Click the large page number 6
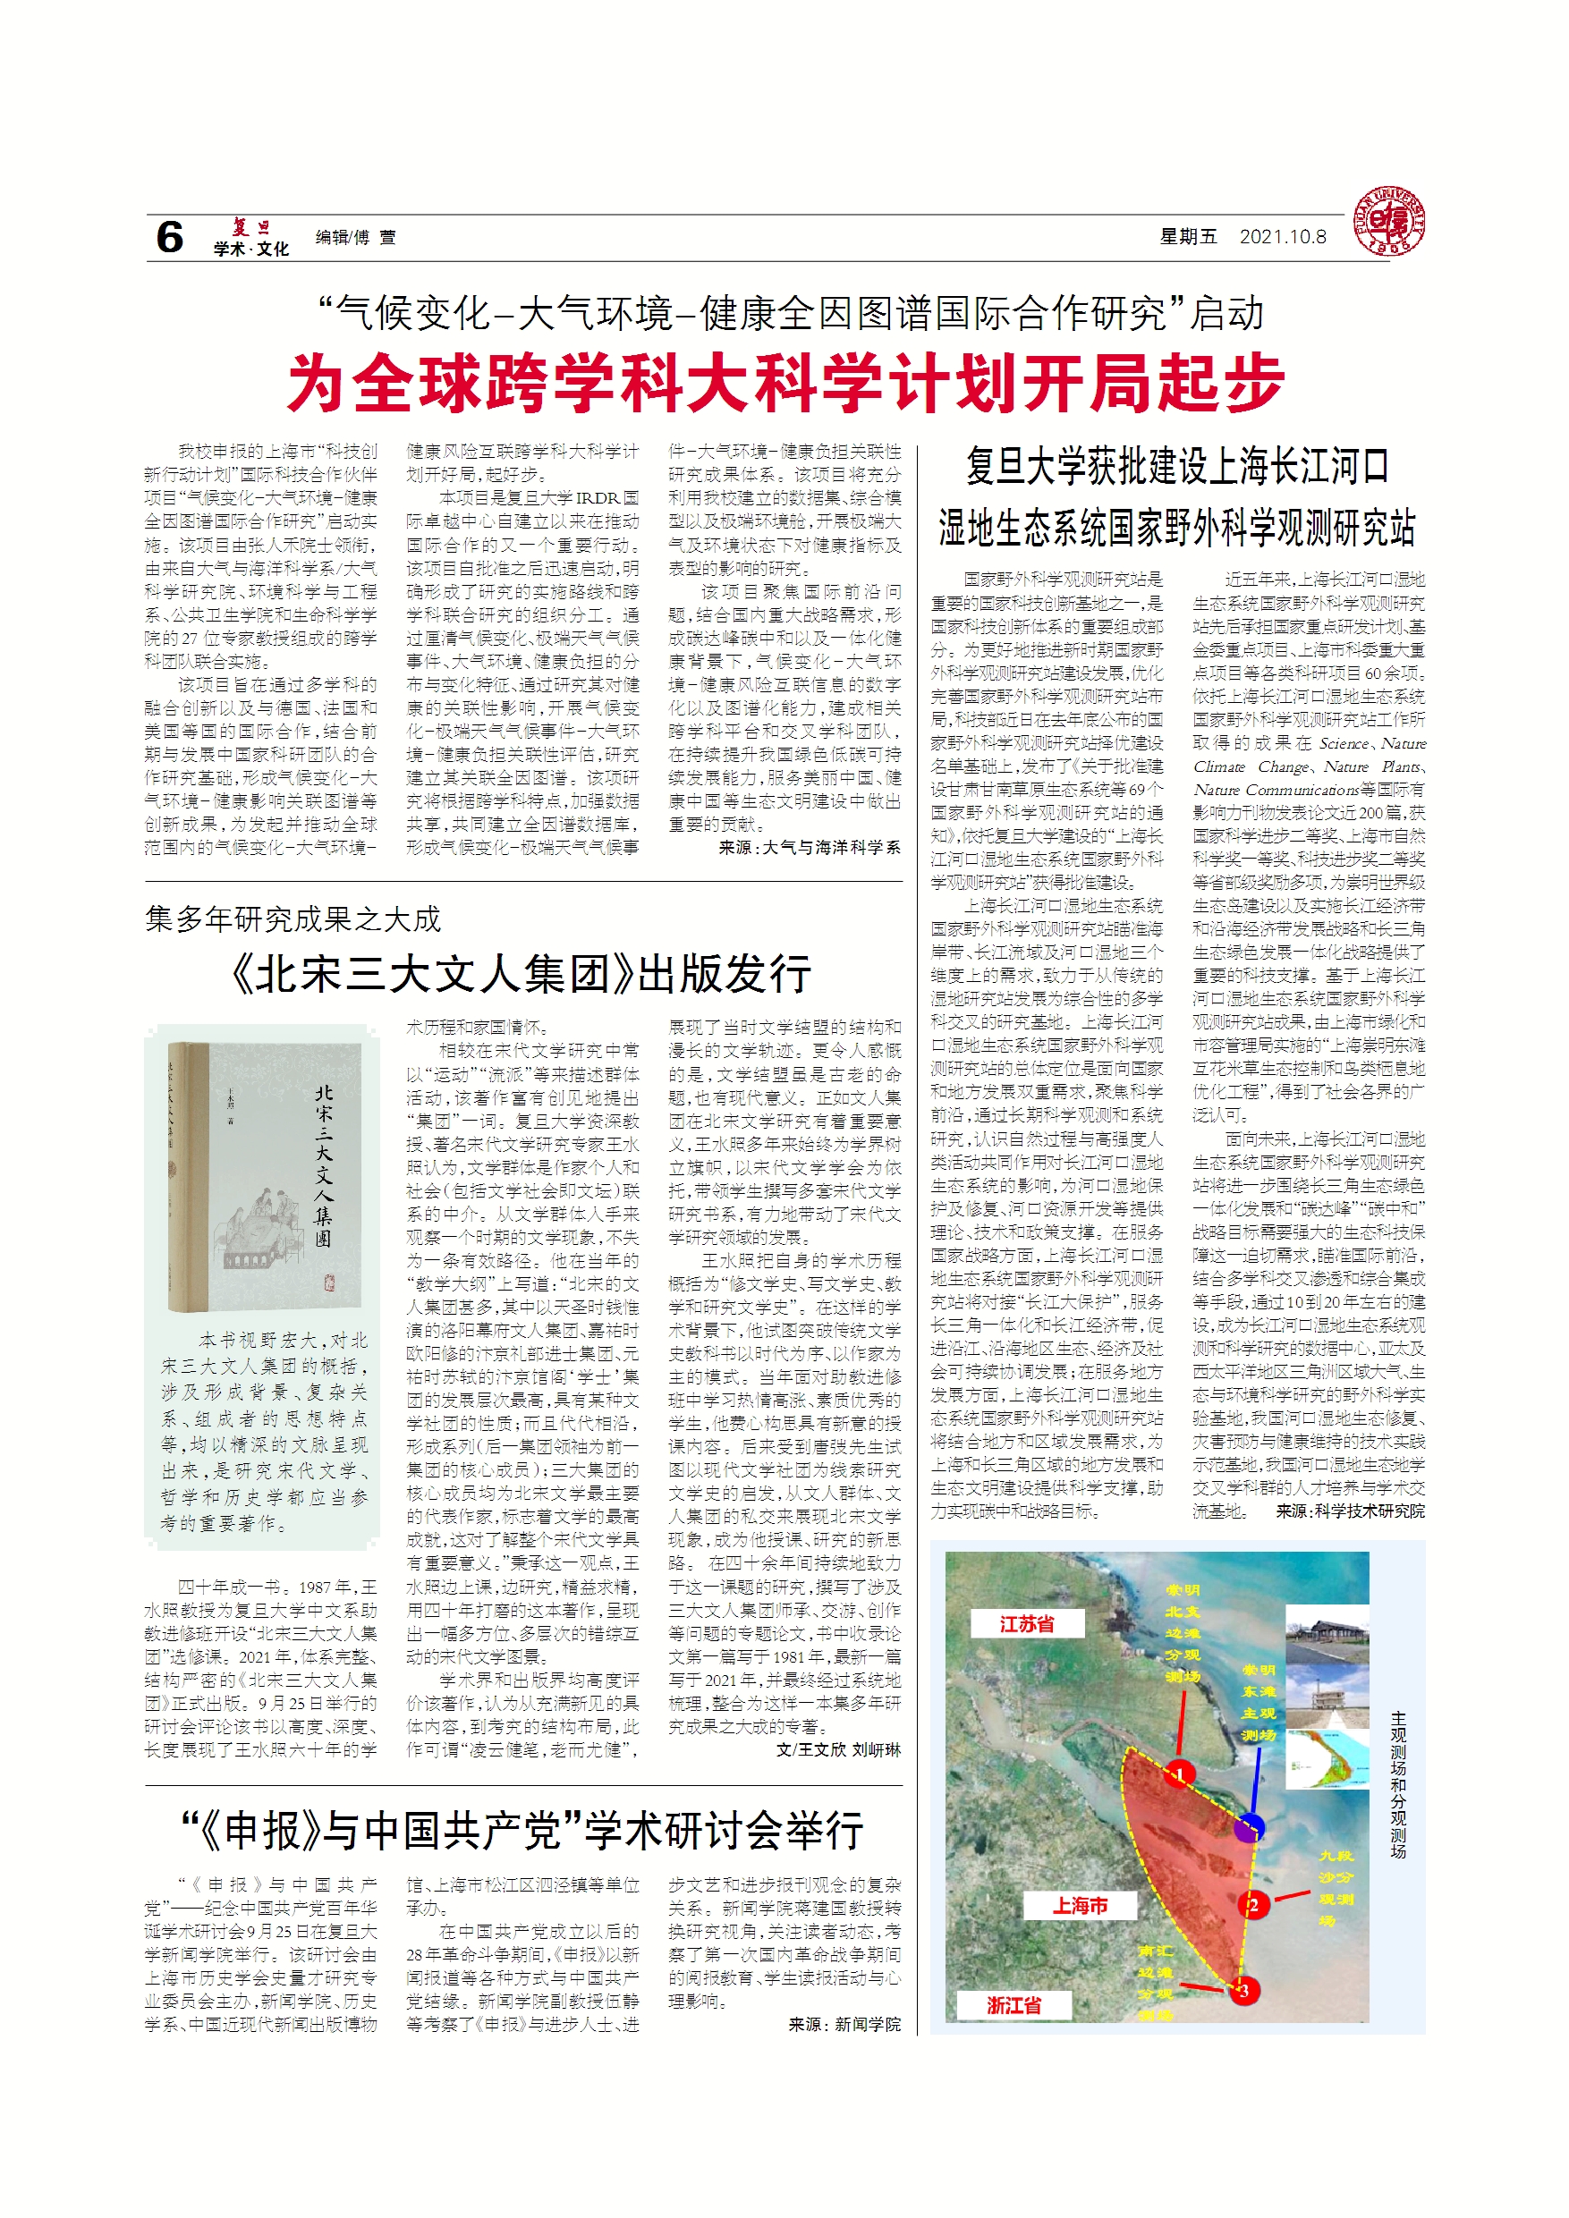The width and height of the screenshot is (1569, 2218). [x=169, y=237]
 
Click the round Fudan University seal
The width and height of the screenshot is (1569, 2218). [x=1388, y=221]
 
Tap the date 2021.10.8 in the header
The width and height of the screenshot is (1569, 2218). [x=1282, y=237]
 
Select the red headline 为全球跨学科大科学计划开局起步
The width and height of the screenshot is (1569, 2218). [x=785, y=383]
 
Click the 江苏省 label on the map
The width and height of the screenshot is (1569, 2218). [x=1026, y=1624]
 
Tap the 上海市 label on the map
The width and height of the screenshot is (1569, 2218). [x=1079, y=1905]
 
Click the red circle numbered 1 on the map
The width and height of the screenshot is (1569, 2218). [x=1181, y=1774]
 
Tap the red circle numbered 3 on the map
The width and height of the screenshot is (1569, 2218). [x=1243, y=1990]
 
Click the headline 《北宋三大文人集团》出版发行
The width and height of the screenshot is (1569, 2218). [x=522, y=974]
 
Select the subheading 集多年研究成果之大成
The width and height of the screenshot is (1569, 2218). [x=293, y=919]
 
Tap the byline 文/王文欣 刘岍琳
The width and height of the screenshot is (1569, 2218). [x=837, y=1749]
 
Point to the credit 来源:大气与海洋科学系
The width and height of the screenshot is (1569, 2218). [x=809, y=847]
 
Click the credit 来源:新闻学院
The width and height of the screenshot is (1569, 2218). [x=844, y=2025]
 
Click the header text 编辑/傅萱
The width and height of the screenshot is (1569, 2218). [x=354, y=238]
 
